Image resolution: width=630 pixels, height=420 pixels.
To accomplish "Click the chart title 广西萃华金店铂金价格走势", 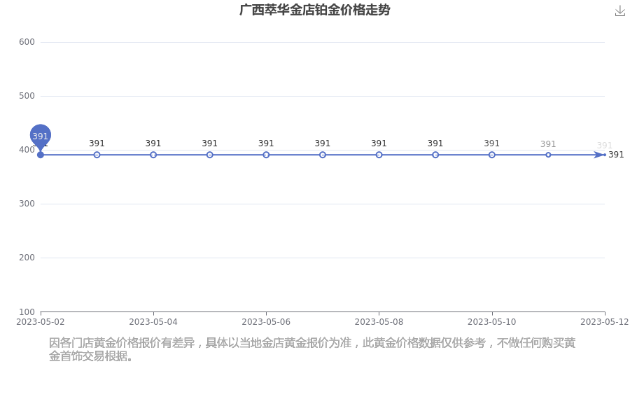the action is click(314, 10).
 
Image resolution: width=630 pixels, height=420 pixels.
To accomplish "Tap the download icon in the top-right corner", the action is click(620, 11).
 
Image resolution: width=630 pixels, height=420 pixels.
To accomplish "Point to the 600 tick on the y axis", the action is click(27, 42).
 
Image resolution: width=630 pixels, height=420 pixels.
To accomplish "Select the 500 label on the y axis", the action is click(27, 96).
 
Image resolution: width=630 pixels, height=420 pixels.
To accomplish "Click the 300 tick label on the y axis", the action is click(27, 204).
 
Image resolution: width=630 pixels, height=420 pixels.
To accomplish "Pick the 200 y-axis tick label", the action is click(27, 258).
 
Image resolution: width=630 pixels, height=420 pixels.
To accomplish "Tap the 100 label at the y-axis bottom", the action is click(27, 312).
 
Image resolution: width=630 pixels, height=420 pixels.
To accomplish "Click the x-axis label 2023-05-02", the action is click(40, 322).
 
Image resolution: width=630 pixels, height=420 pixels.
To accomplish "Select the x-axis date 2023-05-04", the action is click(153, 322).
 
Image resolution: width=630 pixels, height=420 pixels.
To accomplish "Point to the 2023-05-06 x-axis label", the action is click(266, 322).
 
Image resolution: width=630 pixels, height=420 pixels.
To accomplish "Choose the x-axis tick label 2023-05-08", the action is click(379, 322).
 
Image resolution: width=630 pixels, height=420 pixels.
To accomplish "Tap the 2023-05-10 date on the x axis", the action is click(492, 322).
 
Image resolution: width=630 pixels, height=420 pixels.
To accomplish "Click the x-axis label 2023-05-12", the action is click(605, 322).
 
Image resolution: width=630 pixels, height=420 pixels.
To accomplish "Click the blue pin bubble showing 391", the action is click(40, 135).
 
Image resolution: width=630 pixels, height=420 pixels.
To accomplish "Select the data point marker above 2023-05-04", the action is click(153, 155).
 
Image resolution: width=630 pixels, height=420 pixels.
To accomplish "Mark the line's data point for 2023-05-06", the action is click(266, 155).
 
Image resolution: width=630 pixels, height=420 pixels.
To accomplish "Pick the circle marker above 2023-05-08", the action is click(379, 155).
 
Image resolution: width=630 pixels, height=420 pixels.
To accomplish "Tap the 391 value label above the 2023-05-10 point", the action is click(492, 143).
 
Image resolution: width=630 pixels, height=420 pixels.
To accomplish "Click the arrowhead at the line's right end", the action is click(600, 155).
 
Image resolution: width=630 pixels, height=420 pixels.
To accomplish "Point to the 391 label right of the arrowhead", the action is click(616, 155).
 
